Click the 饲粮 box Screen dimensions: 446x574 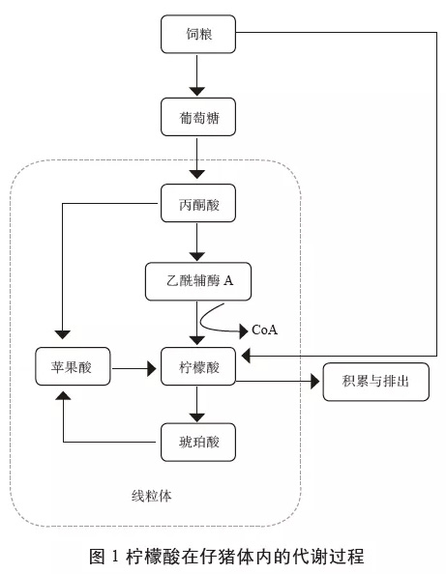click(198, 34)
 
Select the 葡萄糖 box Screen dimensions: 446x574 click(198, 117)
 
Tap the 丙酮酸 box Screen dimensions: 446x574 click(198, 203)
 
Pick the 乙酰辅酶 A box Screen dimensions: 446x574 click(198, 281)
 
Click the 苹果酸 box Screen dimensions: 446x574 click(73, 366)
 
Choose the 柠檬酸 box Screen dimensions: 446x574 click(198, 366)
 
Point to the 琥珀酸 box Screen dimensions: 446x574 click(198, 443)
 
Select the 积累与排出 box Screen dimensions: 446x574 click(376, 382)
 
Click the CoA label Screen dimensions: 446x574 click(264, 330)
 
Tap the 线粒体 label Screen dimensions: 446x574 click(151, 496)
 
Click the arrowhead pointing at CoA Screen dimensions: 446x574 click(244, 331)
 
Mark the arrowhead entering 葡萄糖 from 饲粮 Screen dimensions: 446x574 click(196, 92)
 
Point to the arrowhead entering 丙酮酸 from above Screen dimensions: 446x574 click(196, 174)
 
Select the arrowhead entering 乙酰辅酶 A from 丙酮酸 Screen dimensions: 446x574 click(196, 256)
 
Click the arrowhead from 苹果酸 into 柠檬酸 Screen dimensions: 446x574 click(152, 368)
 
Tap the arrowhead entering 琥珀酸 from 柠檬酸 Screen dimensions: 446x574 click(196, 417)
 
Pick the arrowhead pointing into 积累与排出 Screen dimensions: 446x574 click(314, 382)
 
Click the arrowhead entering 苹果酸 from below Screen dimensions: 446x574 click(63, 395)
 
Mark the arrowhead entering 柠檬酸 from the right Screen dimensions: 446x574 click(246, 356)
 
